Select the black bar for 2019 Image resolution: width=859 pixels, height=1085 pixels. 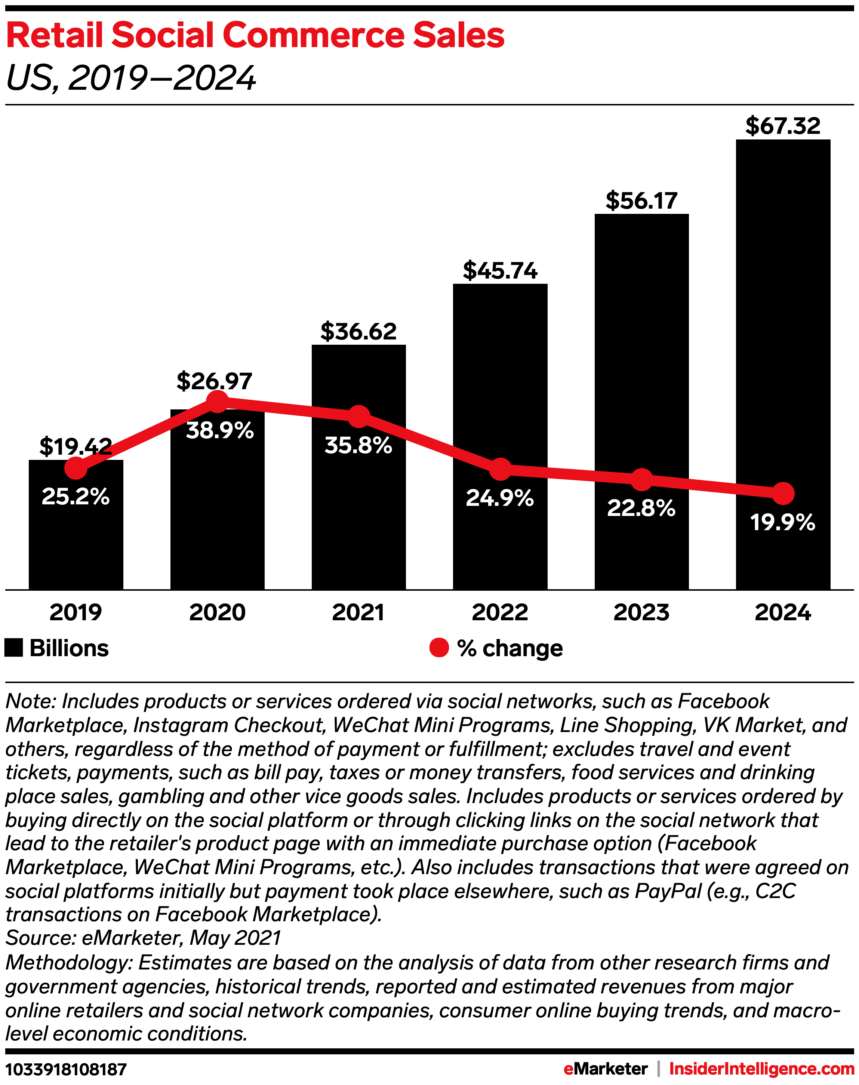click(76, 543)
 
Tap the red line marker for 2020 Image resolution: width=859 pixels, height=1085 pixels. click(217, 401)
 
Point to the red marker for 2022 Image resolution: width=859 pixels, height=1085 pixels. click(500, 469)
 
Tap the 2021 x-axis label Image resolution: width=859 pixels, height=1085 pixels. click(358, 612)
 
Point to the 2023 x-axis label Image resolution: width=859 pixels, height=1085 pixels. click(641, 612)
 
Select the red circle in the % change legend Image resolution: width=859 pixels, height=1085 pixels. click(438, 648)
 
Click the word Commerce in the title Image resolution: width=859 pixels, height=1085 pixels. click(313, 36)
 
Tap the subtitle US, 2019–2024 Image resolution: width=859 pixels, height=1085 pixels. click(131, 79)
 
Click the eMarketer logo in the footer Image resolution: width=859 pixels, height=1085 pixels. click(605, 1069)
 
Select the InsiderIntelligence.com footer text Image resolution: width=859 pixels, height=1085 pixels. click(761, 1069)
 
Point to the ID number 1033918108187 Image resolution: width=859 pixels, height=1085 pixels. click(66, 1069)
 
